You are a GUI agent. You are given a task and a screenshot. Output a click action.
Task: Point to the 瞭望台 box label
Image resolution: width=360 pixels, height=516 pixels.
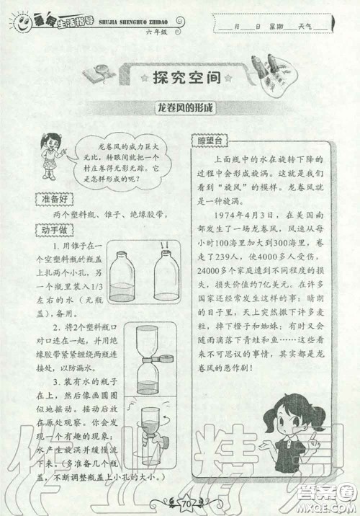click(212, 141)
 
